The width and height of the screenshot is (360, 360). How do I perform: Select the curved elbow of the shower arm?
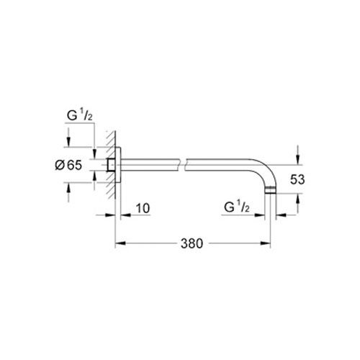point(263,173)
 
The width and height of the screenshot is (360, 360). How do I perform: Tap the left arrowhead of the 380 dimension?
point(119,243)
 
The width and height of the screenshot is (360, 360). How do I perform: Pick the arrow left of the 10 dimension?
point(125,213)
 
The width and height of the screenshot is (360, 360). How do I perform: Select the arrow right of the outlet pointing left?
point(281,213)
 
